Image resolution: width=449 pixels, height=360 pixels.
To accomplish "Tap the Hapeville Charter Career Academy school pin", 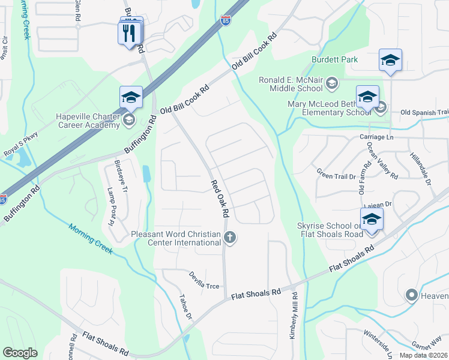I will (x=130, y=97).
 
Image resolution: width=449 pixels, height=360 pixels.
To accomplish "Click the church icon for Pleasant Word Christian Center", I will (x=229, y=238).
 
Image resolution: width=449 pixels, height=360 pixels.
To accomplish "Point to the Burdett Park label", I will (x=334, y=59).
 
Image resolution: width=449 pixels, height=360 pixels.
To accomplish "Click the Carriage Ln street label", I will (x=372, y=137).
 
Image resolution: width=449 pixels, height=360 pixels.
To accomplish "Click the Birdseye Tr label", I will (x=125, y=177).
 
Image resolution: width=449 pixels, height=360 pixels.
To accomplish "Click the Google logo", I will (x=20, y=353).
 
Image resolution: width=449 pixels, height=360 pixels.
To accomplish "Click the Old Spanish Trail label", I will (x=424, y=112).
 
